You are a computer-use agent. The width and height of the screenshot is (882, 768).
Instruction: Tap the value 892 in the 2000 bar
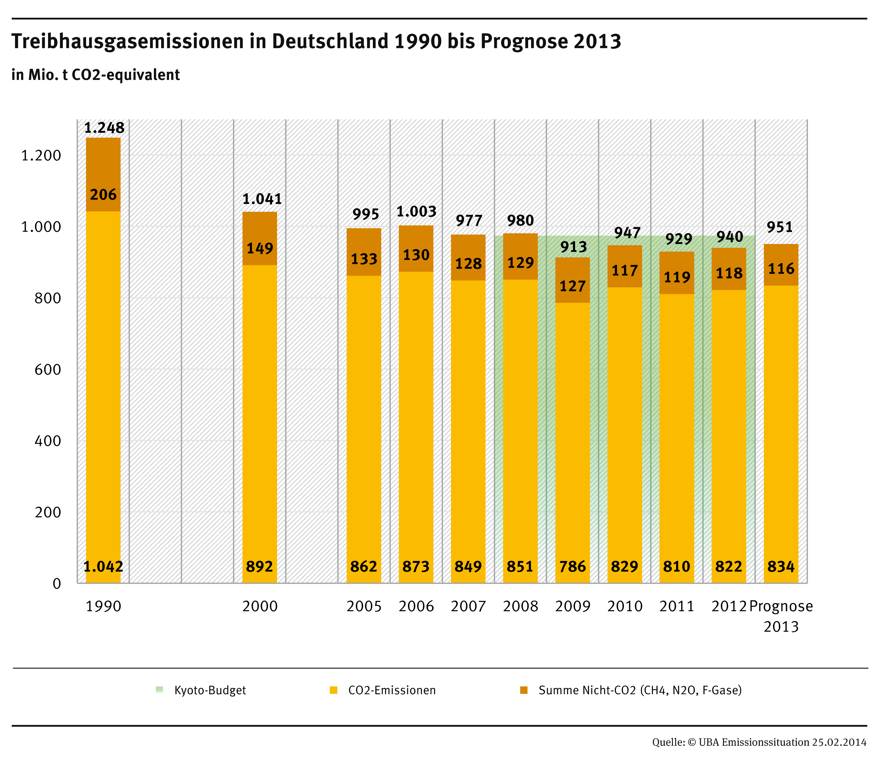(259, 566)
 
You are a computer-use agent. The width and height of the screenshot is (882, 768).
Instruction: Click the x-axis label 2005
(364, 606)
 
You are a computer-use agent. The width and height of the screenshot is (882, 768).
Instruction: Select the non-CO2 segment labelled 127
(573, 286)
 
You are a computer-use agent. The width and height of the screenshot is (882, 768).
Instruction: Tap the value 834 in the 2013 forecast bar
(781, 566)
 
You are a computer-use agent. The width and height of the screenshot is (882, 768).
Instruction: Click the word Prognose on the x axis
(781, 606)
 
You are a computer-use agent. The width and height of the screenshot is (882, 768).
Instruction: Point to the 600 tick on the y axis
(47, 369)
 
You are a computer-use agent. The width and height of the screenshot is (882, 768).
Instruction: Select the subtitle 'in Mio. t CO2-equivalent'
(96, 75)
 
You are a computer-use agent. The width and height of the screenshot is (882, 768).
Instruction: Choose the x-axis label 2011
(677, 606)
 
